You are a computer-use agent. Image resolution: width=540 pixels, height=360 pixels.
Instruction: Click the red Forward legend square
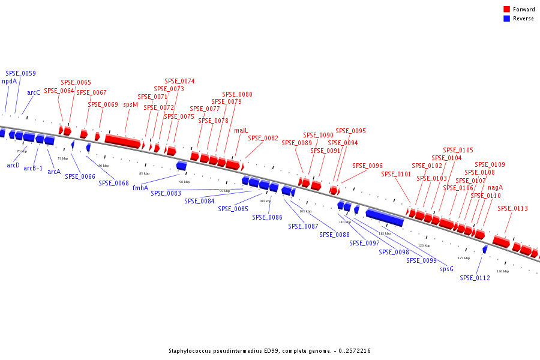coord(507,10)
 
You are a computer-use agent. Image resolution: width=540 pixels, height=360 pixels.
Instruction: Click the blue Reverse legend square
coord(507,19)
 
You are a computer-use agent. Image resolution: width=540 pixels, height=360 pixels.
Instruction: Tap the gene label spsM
coord(130,104)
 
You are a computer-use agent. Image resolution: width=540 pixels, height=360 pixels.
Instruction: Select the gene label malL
coord(241,130)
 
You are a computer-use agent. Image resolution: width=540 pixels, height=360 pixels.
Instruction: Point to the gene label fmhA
coord(140,188)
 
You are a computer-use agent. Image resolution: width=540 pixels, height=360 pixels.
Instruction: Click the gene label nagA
coord(495,187)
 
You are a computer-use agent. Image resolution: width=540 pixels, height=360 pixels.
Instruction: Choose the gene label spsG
coord(446,269)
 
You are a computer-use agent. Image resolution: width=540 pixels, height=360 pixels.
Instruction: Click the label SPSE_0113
coord(512,209)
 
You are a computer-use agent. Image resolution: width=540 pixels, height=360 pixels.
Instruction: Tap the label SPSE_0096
coord(367,166)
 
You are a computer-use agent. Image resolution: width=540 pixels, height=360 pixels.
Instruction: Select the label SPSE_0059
coord(20,74)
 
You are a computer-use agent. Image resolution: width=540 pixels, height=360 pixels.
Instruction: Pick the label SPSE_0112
coord(475,278)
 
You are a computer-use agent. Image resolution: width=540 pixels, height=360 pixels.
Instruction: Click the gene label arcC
coord(34,93)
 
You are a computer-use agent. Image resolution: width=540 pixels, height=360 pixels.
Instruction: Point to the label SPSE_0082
coord(263,138)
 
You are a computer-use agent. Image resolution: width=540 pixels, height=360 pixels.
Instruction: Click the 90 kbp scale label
coord(184,182)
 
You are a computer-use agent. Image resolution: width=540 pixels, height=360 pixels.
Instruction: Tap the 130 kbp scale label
coord(502,271)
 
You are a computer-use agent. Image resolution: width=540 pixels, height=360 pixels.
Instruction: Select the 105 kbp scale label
coord(305,211)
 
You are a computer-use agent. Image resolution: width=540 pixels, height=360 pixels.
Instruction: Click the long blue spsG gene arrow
coord(384,217)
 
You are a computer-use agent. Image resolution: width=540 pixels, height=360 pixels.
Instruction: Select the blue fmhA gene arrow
coord(181,166)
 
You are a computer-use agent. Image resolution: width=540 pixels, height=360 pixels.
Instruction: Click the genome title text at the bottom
coord(269,350)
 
